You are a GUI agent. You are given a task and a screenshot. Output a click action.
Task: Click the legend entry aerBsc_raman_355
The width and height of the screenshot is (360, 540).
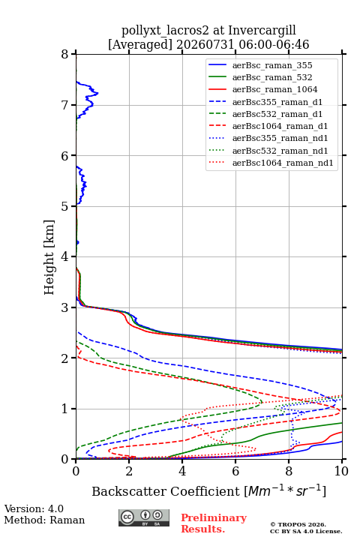[272, 65]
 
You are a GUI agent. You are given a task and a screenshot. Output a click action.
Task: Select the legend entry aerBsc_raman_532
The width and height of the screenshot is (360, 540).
[272, 77]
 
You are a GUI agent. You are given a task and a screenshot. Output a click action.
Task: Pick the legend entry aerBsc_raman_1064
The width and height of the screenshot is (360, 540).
[275, 89]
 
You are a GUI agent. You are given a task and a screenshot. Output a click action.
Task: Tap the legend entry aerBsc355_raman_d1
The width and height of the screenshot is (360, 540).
[277, 102]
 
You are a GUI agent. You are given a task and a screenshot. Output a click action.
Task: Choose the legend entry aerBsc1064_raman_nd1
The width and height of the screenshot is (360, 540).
[283, 163]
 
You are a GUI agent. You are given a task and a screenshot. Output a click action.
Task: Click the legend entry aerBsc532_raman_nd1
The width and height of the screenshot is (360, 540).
[280, 151]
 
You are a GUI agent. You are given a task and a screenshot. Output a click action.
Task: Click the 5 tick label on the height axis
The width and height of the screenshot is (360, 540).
[65, 206]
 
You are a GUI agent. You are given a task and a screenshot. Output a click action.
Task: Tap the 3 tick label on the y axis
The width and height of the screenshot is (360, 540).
[65, 307]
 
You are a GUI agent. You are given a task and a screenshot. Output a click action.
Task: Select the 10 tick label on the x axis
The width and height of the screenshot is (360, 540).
[341, 471]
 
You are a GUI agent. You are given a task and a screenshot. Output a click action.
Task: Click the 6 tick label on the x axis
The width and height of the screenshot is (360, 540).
[235, 471]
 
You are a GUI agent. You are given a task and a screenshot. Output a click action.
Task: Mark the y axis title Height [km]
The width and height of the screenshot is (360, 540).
[49, 257]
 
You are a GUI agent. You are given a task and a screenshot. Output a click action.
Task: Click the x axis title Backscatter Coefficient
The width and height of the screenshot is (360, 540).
[166, 491]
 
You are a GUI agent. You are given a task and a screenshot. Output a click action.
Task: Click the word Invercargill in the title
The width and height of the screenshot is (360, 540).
[262, 31]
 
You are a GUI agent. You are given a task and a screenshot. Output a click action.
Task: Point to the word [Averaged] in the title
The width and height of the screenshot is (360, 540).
[139, 44]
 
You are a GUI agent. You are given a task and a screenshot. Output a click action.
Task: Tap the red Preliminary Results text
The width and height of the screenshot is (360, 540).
[214, 523]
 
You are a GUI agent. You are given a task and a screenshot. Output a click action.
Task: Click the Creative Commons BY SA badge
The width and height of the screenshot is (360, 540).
[144, 517]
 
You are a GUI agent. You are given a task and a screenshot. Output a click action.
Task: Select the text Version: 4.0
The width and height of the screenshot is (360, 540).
[34, 508]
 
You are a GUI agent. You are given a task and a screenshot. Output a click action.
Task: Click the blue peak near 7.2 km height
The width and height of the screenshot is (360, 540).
[97, 93]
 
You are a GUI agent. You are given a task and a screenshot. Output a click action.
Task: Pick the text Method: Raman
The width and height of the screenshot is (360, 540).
[44, 520]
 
